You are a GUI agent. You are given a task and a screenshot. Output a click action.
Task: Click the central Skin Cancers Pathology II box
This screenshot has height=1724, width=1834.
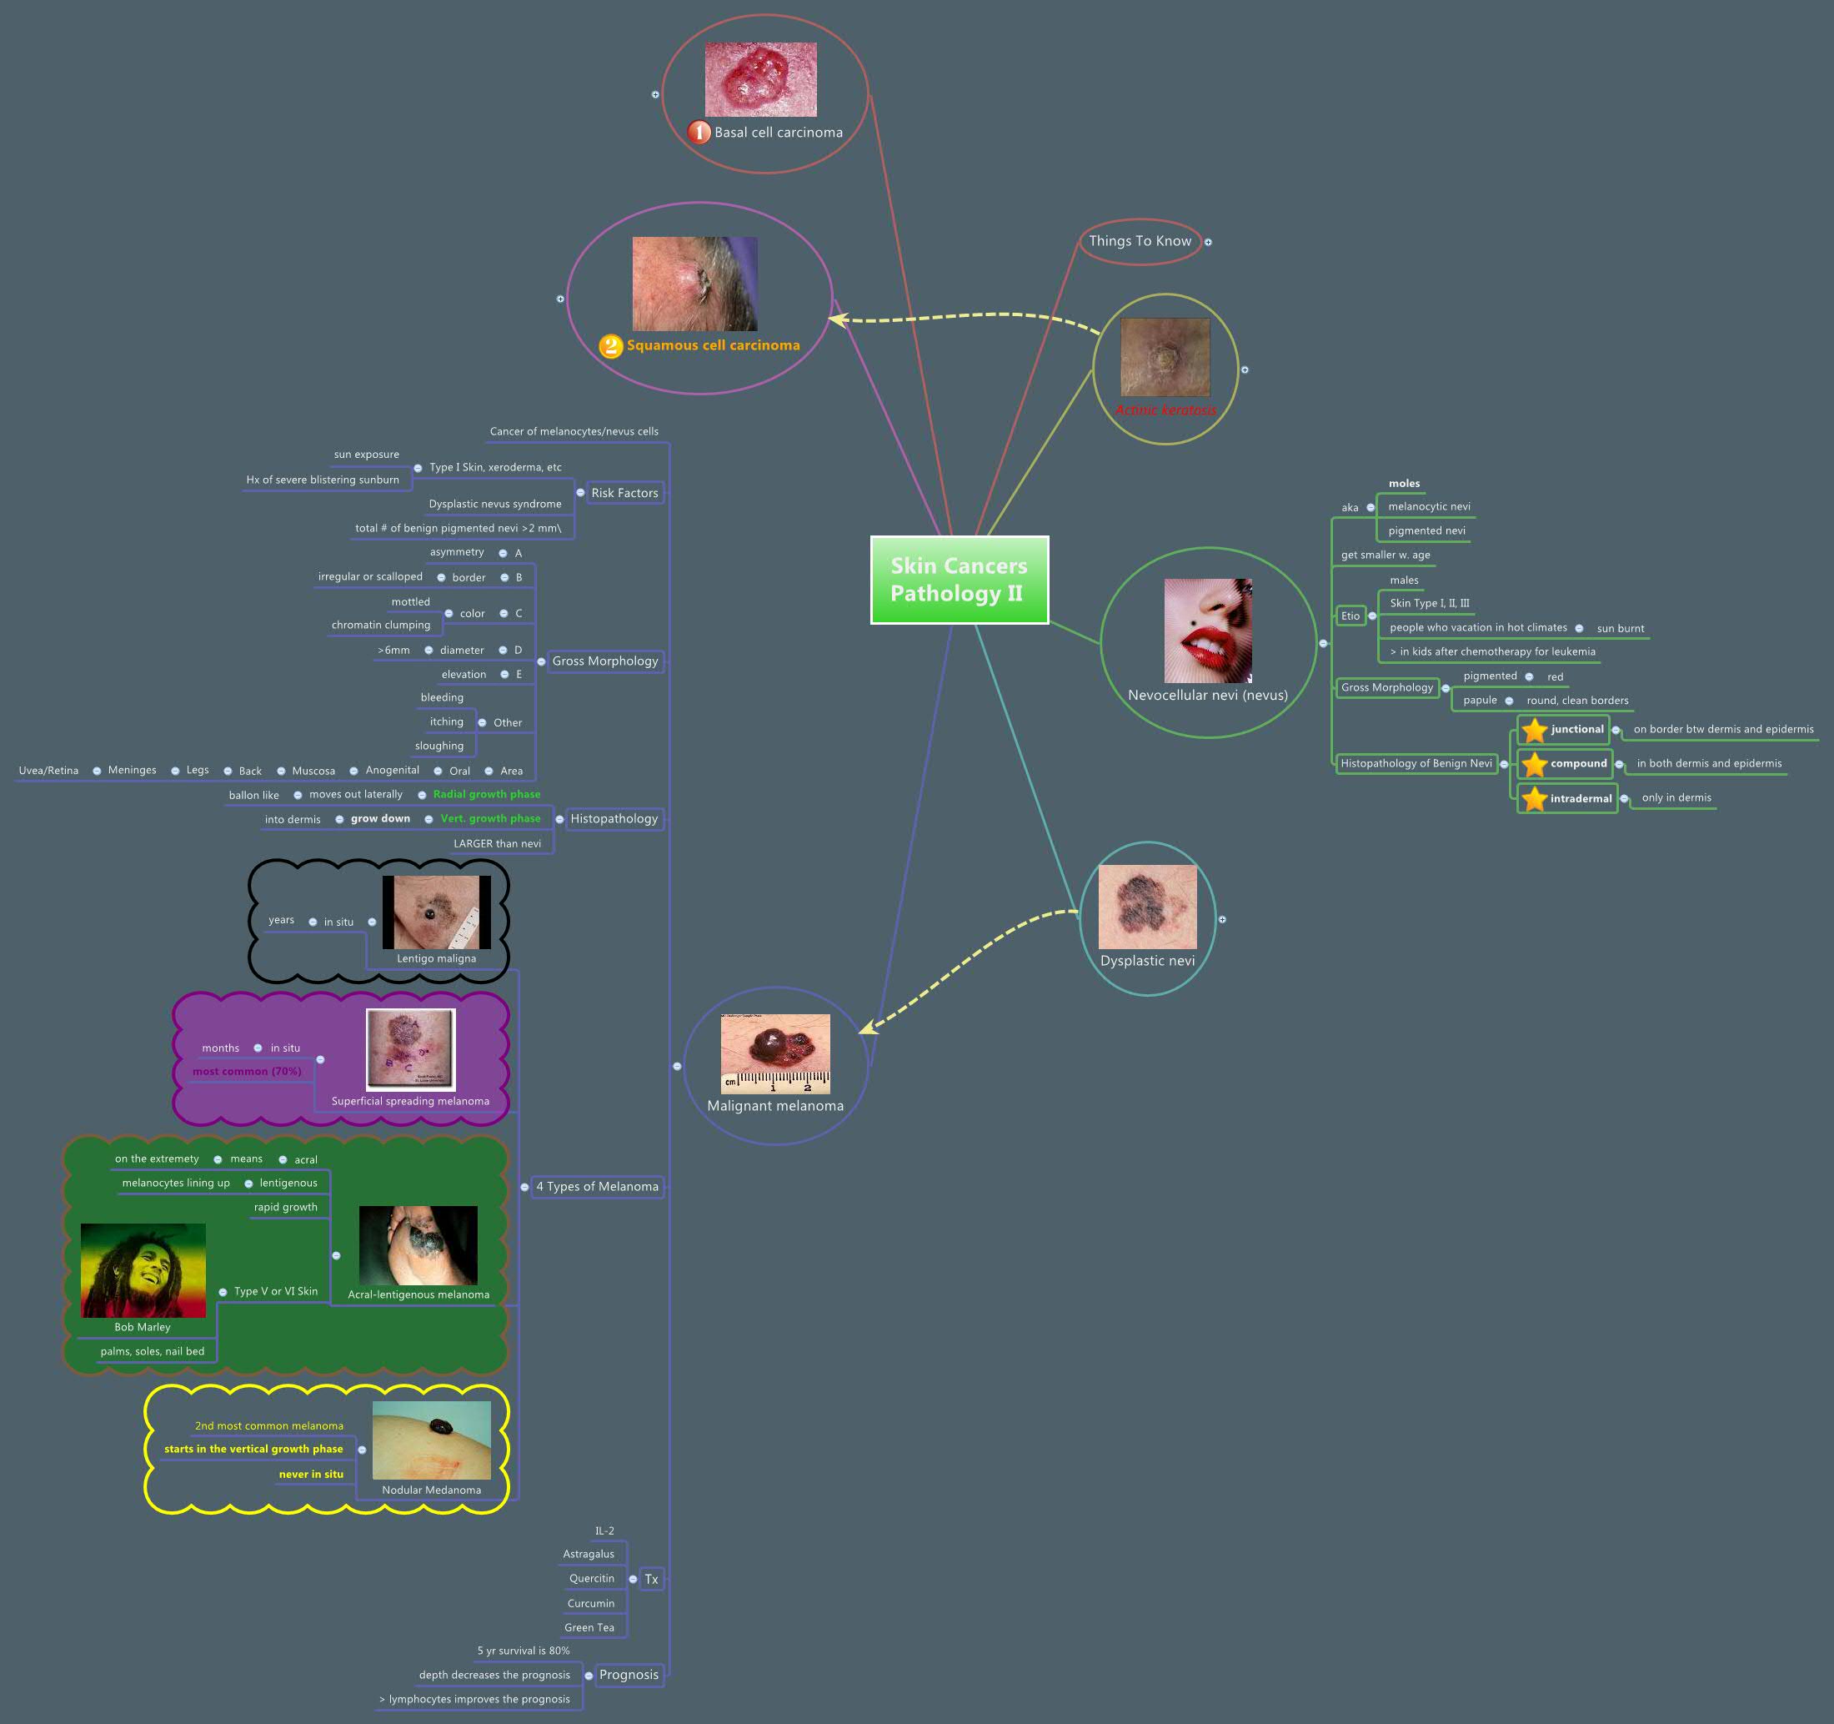click(x=959, y=580)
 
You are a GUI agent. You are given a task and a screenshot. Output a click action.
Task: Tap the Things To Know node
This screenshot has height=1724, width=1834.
click(x=1140, y=241)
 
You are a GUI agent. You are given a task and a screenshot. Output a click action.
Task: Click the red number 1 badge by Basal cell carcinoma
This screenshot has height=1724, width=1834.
click(x=699, y=133)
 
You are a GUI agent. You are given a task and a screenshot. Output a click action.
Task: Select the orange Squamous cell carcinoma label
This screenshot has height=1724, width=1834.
click(x=712, y=345)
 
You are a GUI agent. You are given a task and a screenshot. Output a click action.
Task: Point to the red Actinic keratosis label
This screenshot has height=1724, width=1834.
click(x=1165, y=410)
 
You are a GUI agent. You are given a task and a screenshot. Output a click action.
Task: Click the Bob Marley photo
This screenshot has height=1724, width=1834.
click(x=143, y=1270)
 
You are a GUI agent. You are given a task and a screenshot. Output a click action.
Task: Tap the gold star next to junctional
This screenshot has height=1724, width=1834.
click(x=1534, y=730)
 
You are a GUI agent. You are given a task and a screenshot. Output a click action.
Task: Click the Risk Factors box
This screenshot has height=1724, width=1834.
click(x=624, y=493)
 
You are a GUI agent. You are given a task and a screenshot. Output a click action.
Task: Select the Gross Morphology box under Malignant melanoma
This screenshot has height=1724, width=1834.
click(x=605, y=661)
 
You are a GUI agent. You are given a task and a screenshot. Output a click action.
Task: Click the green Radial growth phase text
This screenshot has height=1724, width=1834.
click(x=486, y=794)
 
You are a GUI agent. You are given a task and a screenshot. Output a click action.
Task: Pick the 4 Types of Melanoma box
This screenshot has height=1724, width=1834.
click(x=597, y=1186)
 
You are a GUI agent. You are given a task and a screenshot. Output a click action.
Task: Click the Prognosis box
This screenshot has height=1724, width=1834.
click(x=629, y=1674)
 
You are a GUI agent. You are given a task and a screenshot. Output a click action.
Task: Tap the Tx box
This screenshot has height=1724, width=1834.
click(x=651, y=1579)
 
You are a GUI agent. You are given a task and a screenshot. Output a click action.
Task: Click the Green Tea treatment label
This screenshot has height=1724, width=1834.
click(x=589, y=1627)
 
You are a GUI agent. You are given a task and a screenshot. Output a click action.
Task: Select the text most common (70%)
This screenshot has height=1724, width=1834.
click(x=246, y=1072)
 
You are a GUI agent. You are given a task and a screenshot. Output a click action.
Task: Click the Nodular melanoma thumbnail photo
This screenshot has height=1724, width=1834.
click(x=431, y=1440)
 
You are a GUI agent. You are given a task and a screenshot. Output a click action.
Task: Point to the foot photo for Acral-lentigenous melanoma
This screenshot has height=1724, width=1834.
click(x=418, y=1245)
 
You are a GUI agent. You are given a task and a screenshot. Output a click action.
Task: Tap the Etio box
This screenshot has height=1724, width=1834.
click(x=1350, y=616)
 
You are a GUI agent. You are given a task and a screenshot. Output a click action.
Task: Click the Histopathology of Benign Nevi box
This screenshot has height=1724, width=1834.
click(x=1416, y=763)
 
